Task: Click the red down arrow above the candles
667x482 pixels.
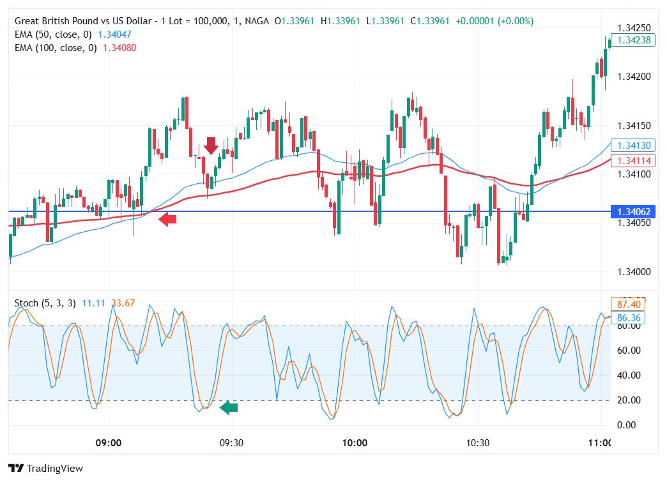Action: coord(211,146)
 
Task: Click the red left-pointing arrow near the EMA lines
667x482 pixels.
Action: coord(167,220)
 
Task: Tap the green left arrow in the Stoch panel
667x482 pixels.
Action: coord(229,407)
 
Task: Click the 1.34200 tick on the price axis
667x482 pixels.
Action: coord(634,77)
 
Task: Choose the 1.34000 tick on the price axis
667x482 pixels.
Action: coord(634,272)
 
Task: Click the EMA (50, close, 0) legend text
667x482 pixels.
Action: coord(56,34)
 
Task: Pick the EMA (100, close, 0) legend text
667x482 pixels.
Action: coord(56,48)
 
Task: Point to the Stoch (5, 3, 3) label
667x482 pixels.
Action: coord(45,303)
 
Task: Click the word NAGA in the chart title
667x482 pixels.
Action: coord(255,21)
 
